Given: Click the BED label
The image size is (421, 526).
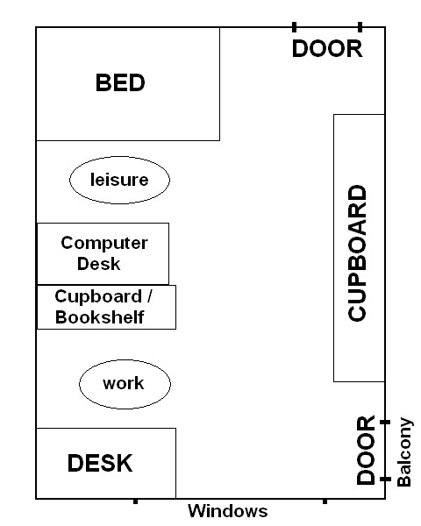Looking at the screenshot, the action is click(x=120, y=83).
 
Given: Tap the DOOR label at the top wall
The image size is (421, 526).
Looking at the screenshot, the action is click(x=327, y=49).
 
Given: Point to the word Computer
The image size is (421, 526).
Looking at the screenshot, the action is click(x=104, y=243).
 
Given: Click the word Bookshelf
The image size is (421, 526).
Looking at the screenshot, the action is click(x=100, y=317).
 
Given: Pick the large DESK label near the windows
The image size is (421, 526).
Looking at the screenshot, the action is click(x=100, y=463).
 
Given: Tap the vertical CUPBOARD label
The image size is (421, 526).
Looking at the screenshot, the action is click(x=357, y=253).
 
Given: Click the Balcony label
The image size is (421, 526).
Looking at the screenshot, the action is click(x=403, y=451).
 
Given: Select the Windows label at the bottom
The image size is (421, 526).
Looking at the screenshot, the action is click(x=228, y=511).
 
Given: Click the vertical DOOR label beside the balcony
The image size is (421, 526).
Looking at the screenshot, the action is click(x=365, y=451).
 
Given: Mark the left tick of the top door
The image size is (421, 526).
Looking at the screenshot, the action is click(x=295, y=27).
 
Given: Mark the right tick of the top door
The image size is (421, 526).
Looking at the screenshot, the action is click(x=360, y=27).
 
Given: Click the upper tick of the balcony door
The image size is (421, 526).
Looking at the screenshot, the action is click(x=385, y=422).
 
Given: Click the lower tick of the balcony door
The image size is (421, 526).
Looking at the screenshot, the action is click(x=385, y=479).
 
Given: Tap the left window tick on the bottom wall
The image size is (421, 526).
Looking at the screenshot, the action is click(x=135, y=501).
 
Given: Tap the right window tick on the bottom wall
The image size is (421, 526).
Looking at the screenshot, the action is click(x=325, y=501).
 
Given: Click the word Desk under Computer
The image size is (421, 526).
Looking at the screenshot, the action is click(x=99, y=264).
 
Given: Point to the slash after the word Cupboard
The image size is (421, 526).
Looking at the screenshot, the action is click(x=149, y=296).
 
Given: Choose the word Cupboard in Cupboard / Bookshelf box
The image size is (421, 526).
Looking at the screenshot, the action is click(x=98, y=297).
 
